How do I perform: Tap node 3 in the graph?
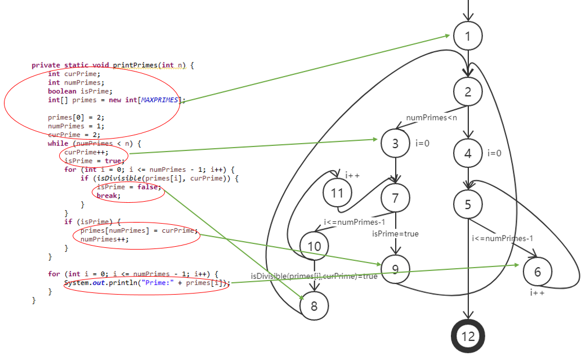[395, 144]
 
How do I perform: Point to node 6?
[538, 272]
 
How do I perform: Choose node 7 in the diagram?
[395, 197]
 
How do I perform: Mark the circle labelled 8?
[314, 306]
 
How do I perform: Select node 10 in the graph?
[314, 246]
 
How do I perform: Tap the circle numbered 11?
[337, 193]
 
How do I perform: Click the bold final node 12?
[468, 336]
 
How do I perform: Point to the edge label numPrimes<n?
[432, 117]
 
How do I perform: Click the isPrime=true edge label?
[395, 233]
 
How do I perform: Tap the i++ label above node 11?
[352, 175]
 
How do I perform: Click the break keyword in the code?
[107, 195]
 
